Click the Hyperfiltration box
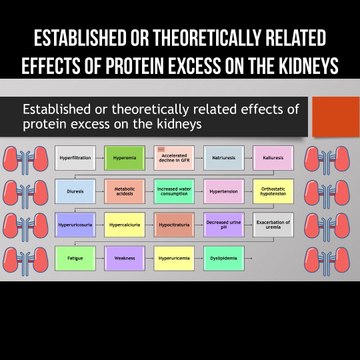click(x=76, y=158)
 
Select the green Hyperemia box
click(x=125, y=158)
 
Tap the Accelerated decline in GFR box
click(x=174, y=158)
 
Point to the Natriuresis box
click(x=223, y=158)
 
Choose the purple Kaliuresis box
click(x=273, y=158)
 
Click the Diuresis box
click(x=76, y=191)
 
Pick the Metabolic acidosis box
click(x=125, y=191)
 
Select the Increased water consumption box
click(x=174, y=191)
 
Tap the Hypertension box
click(x=223, y=191)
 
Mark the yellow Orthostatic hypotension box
click(x=273, y=191)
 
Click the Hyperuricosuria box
click(x=76, y=225)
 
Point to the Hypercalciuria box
click(x=125, y=225)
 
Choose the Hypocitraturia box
click(x=174, y=225)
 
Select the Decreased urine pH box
click(x=223, y=225)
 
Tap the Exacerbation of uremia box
click(x=273, y=225)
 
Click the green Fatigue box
click(x=76, y=258)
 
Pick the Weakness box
click(x=125, y=258)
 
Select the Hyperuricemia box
click(x=174, y=258)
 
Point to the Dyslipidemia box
click(x=223, y=258)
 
